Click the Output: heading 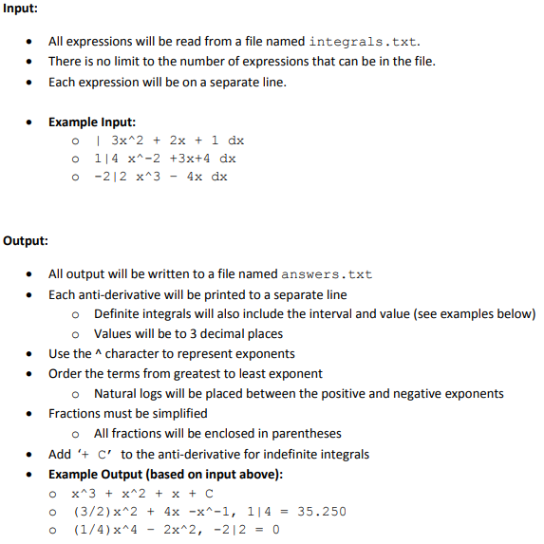click(27, 241)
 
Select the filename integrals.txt click(365, 42)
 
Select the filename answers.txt click(327, 274)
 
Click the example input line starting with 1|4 click(165, 159)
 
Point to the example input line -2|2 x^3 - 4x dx click(161, 177)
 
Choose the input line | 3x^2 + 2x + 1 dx click(169, 141)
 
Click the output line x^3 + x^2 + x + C click(142, 494)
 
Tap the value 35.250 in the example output click(322, 512)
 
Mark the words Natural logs click(131, 394)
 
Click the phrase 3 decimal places click(234, 334)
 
